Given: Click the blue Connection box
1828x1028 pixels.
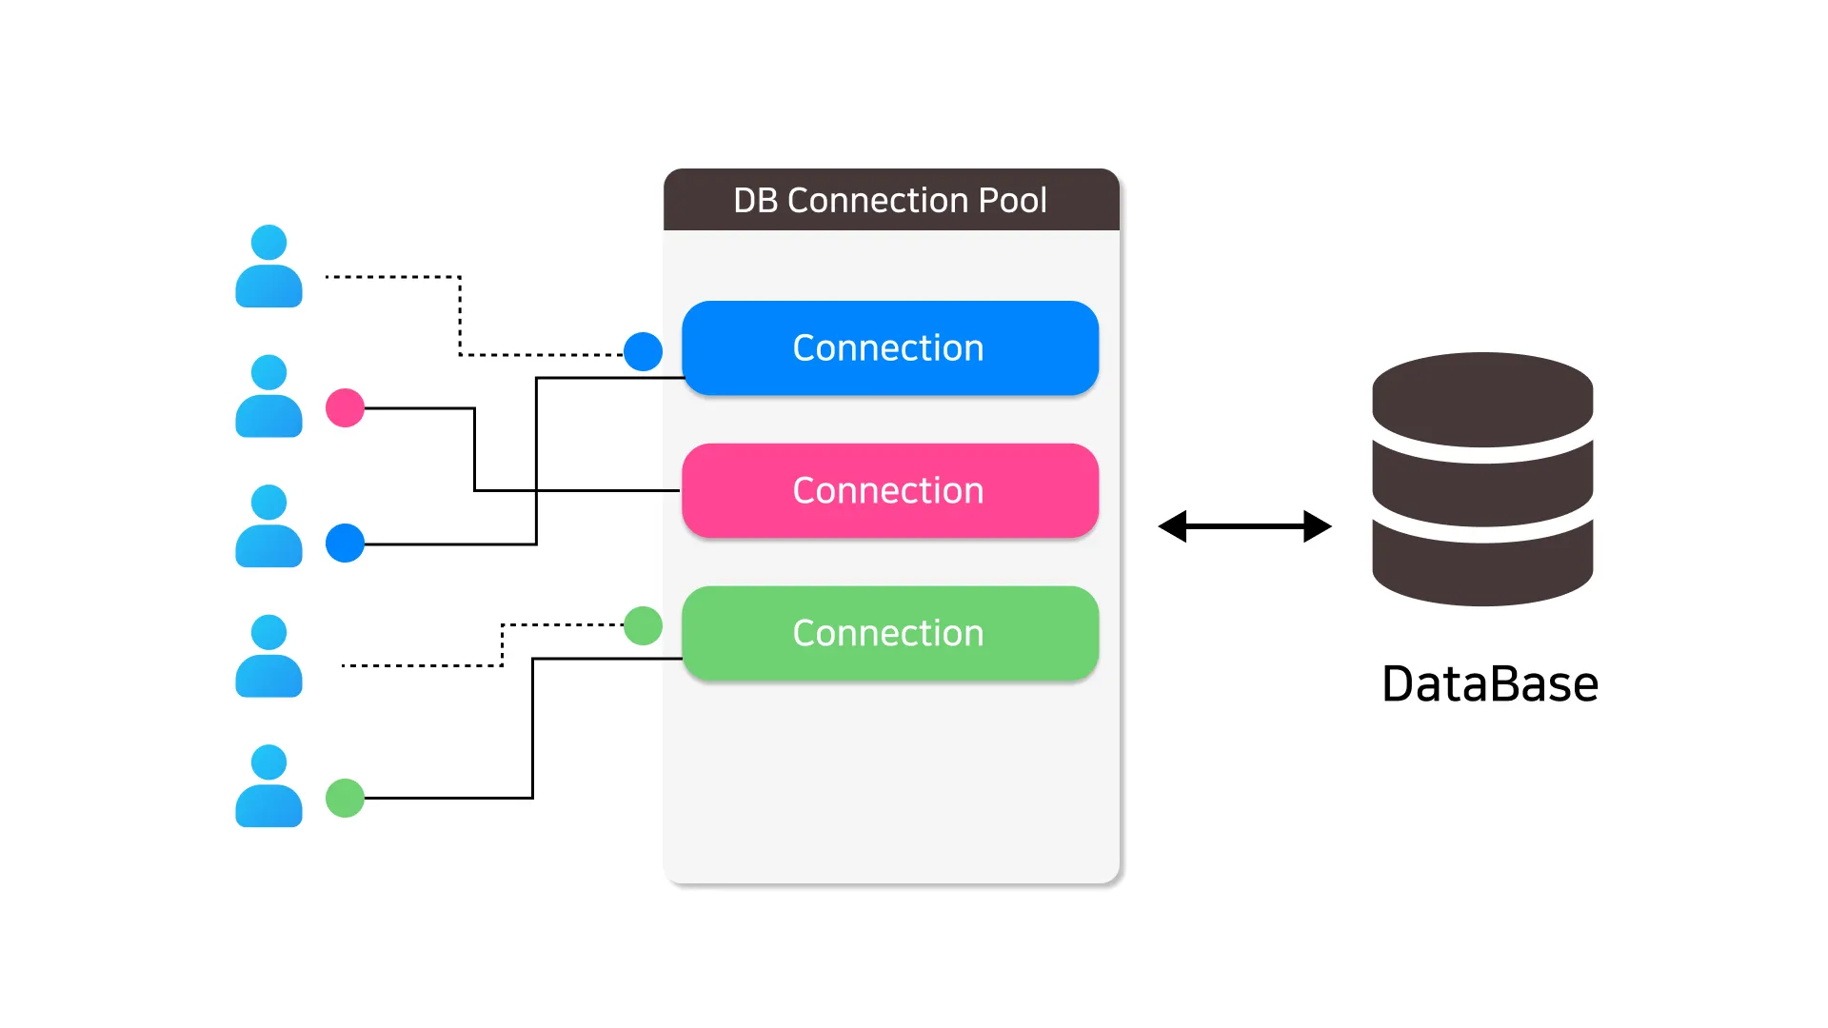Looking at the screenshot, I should pyautogui.click(x=889, y=348).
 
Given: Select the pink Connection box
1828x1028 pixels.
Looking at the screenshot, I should pyautogui.click(x=889, y=491).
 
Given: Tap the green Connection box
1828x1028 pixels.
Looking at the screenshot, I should pyautogui.click(x=889, y=634).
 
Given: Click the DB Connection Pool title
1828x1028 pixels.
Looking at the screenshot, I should pyautogui.click(x=889, y=201).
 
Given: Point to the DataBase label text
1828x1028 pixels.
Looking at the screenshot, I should pyautogui.click(x=1489, y=684).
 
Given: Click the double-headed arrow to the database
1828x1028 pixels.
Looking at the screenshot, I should pyautogui.click(x=1244, y=526).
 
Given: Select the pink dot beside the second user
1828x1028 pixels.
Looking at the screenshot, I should pyautogui.click(x=345, y=408).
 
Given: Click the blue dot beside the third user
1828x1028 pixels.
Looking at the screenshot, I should pyautogui.click(x=345, y=544).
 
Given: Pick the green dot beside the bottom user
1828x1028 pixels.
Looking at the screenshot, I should pyautogui.click(x=345, y=798).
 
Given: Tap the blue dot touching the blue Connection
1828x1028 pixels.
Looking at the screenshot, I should pyautogui.click(x=643, y=352).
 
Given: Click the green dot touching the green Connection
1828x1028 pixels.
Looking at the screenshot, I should pyautogui.click(x=643, y=625).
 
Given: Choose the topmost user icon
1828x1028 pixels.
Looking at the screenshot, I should pyautogui.click(x=268, y=267).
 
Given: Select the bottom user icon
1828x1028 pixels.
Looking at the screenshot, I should pyautogui.click(x=268, y=787).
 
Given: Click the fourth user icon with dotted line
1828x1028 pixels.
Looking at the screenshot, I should pyautogui.click(x=268, y=657).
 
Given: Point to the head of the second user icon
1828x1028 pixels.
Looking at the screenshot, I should pyautogui.click(x=268, y=372).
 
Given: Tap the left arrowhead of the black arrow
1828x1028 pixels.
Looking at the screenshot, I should pyautogui.click(x=1173, y=526).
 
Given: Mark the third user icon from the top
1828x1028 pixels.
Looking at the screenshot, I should pyautogui.click(x=268, y=527).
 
